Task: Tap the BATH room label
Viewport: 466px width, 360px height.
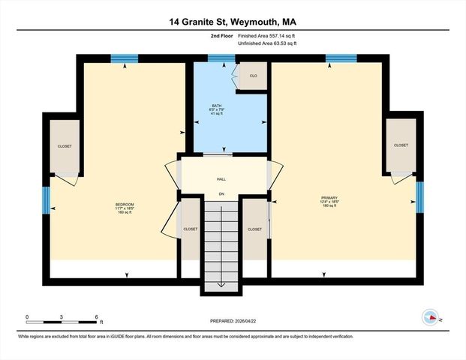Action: tap(217, 106)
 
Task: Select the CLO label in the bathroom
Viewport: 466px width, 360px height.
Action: tap(254, 76)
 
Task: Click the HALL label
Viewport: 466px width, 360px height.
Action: tap(221, 178)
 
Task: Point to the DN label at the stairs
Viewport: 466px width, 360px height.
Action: tap(221, 195)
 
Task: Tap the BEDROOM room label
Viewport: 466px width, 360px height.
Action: tap(123, 205)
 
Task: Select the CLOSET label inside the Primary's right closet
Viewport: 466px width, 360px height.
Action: tap(401, 145)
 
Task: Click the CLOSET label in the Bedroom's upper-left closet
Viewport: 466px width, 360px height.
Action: tap(65, 146)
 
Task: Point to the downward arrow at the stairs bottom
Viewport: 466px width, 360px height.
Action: tap(222, 284)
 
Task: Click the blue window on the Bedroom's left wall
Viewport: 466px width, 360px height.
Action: tap(46, 199)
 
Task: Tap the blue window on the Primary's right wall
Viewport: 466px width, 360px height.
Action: tap(420, 193)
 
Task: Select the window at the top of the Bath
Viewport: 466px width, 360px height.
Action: tap(221, 58)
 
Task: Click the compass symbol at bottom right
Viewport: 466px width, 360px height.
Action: tap(431, 317)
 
